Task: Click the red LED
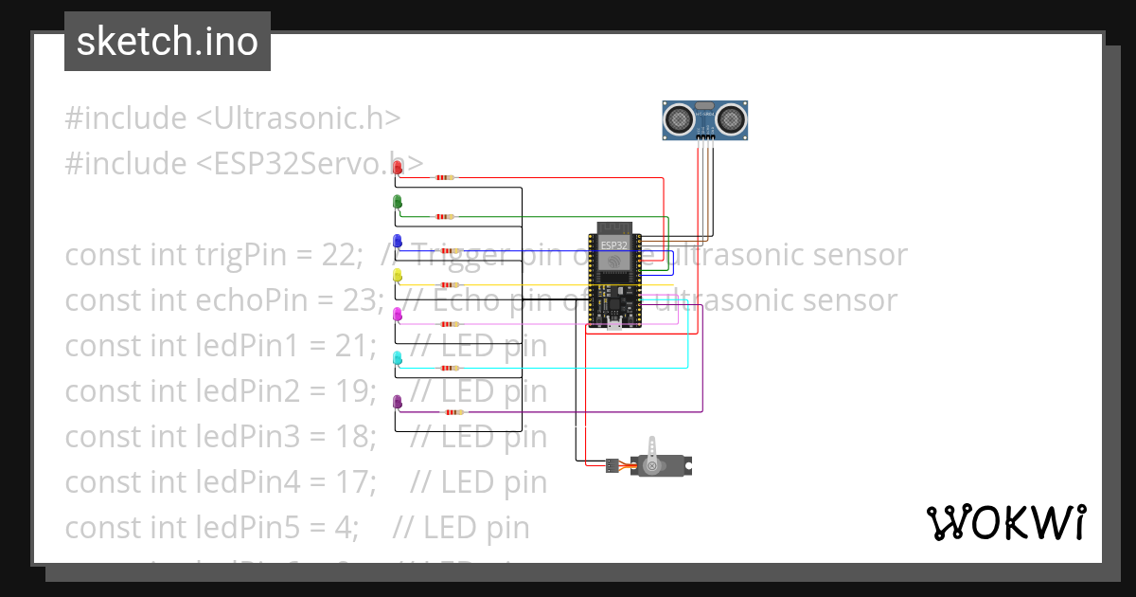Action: click(x=398, y=168)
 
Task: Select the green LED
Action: click(x=398, y=202)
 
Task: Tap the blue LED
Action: click(x=398, y=241)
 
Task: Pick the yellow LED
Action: click(x=398, y=275)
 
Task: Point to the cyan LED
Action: click(x=398, y=358)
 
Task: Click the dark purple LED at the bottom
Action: click(x=398, y=403)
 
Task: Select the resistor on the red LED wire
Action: click(x=444, y=177)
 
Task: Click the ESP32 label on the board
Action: click(x=613, y=244)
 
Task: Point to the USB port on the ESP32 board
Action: click(x=613, y=325)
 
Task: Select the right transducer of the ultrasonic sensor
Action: click(x=731, y=118)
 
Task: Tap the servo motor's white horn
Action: click(x=652, y=448)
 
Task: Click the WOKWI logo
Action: click(x=1005, y=522)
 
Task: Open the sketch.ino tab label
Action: click(x=168, y=42)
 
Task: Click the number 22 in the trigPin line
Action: click(x=342, y=255)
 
